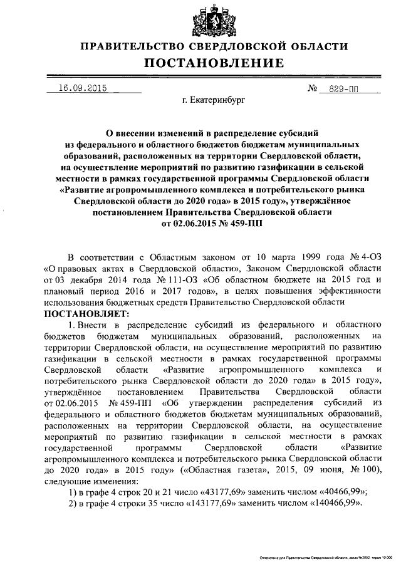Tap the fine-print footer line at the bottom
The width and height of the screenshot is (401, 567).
tap(325, 557)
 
